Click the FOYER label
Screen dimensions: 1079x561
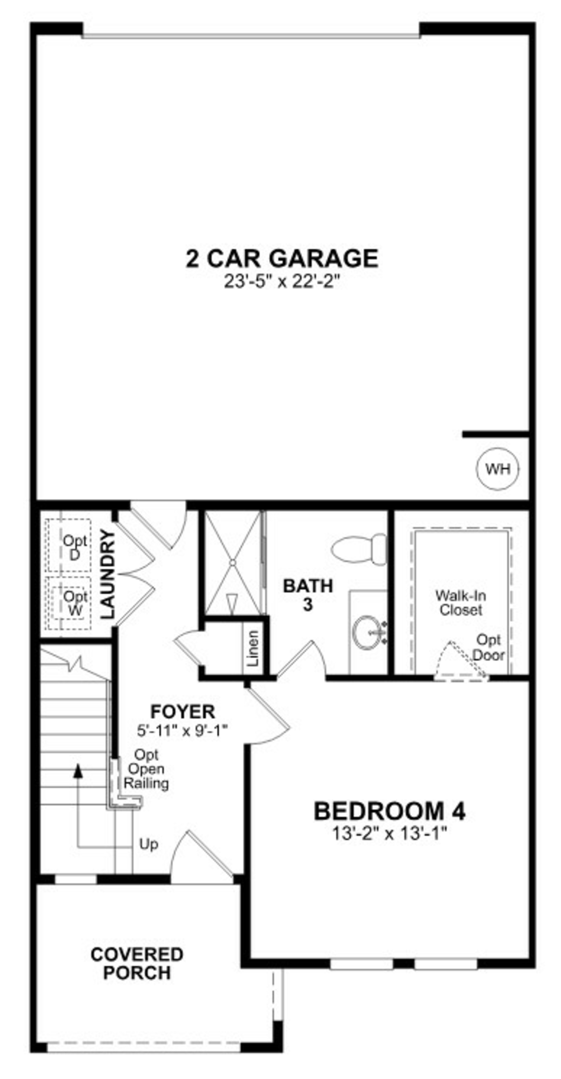(x=182, y=712)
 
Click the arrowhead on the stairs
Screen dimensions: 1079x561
(x=78, y=770)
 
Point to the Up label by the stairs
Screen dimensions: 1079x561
(x=148, y=844)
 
